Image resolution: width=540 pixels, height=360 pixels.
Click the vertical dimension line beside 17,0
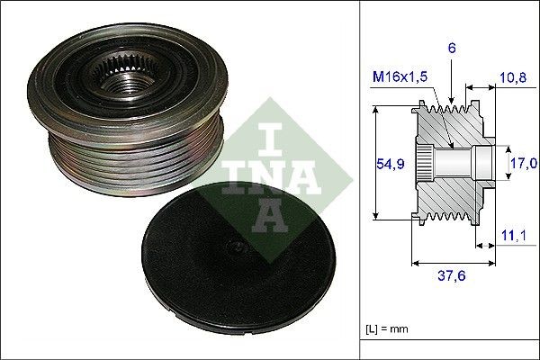[501, 163]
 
